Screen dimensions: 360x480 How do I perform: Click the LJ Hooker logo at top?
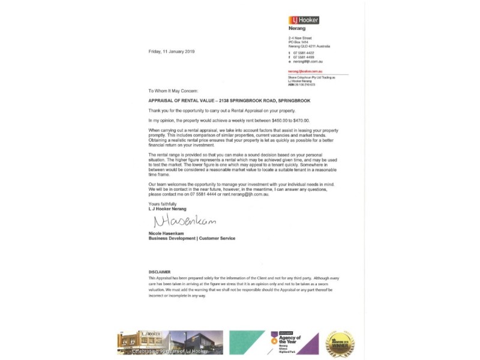point(304,20)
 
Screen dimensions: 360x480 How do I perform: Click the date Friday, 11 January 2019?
point(172,52)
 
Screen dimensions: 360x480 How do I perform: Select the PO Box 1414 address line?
point(299,42)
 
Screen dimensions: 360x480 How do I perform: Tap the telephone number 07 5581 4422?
point(304,53)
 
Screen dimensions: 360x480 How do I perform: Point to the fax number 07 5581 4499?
point(304,57)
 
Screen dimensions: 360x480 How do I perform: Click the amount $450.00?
point(282,120)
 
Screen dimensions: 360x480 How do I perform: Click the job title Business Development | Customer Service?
point(192,238)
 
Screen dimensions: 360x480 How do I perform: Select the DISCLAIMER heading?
point(160,272)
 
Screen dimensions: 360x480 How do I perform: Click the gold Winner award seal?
point(340,344)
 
